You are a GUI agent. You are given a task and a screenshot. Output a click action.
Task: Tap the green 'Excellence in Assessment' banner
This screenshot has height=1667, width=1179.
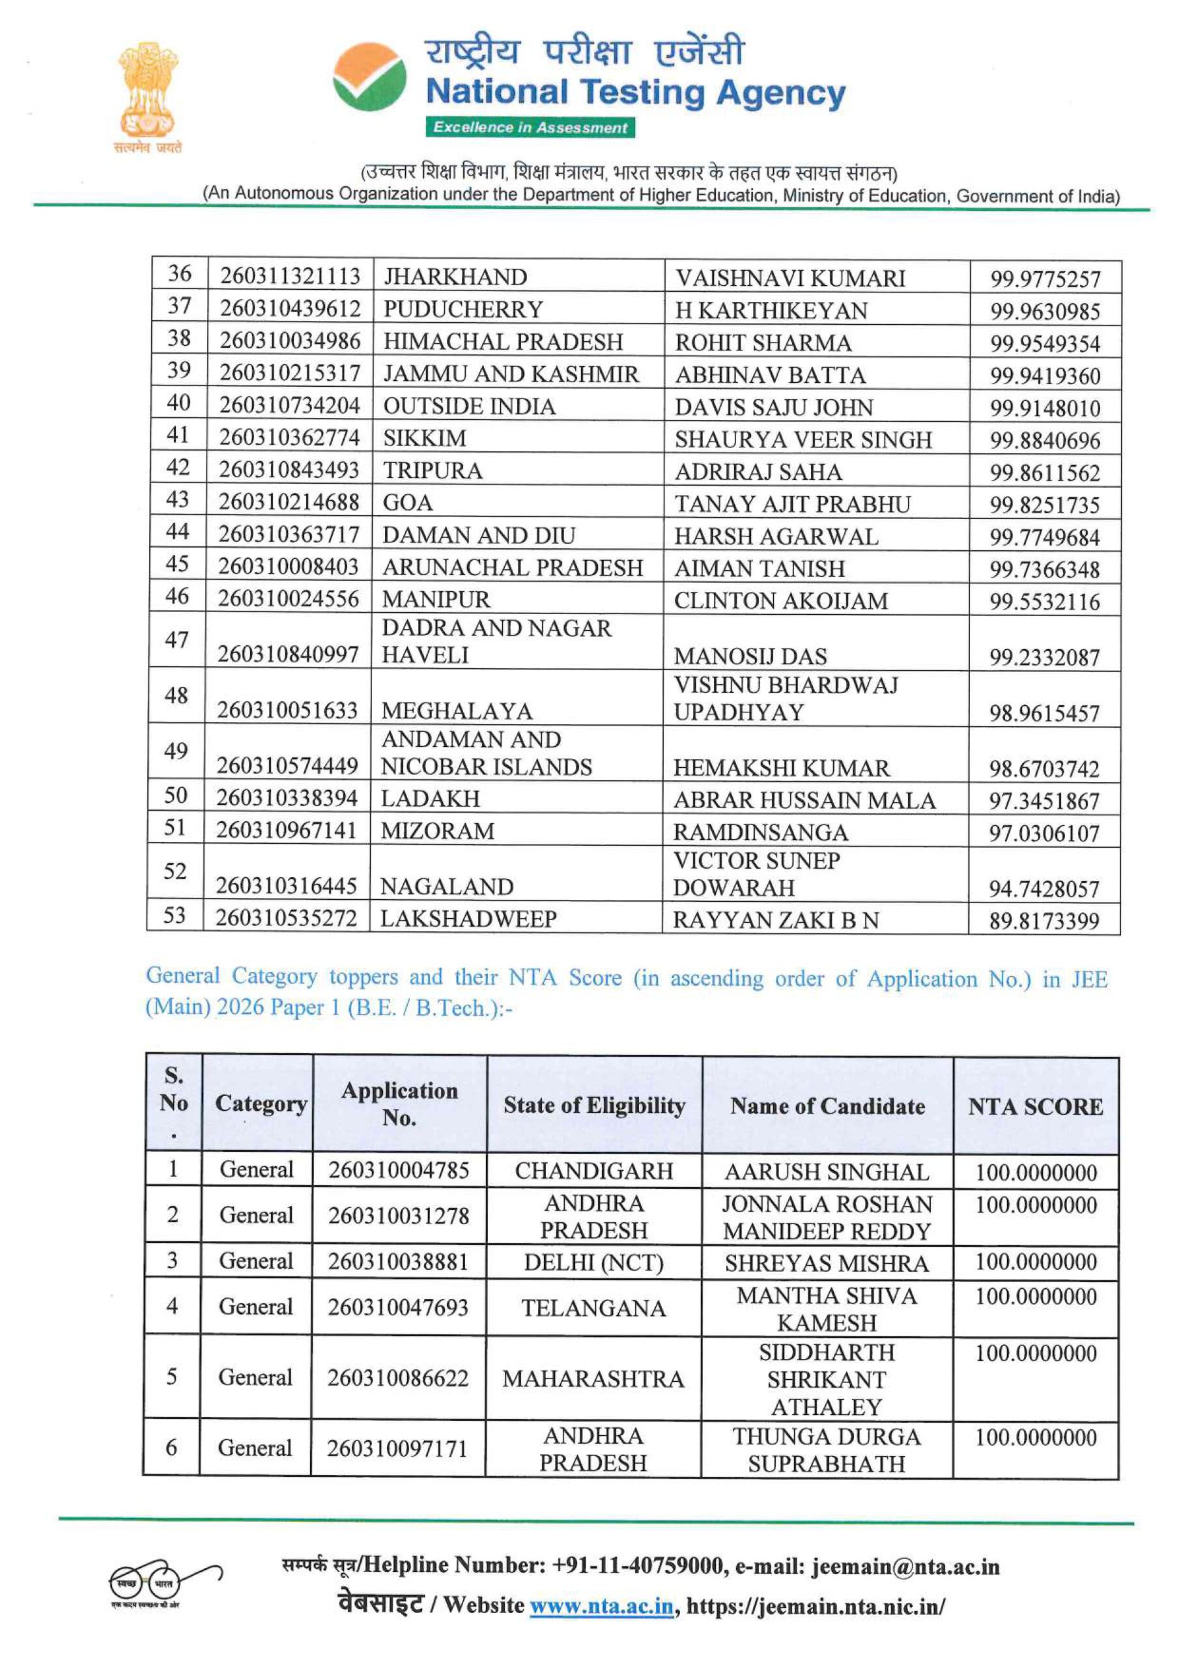click(530, 128)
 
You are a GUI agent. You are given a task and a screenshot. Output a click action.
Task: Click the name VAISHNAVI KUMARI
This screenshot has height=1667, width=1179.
click(789, 278)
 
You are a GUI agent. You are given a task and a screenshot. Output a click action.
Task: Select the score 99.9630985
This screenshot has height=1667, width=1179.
click(1045, 311)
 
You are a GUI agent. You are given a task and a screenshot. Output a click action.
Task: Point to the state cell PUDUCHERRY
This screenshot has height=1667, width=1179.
click(462, 309)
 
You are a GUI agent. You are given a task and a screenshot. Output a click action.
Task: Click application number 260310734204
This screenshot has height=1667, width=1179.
click(289, 405)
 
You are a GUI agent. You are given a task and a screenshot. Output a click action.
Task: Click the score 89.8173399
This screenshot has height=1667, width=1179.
click(1043, 921)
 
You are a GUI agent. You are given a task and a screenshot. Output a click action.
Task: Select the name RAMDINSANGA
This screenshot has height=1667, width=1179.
click(760, 832)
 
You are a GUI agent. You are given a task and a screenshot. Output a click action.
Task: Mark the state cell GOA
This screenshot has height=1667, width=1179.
click(408, 503)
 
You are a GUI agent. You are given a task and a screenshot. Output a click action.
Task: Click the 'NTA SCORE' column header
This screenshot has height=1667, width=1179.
click(1035, 1106)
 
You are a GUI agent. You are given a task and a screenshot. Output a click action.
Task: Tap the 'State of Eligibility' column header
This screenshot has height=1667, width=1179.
click(594, 1105)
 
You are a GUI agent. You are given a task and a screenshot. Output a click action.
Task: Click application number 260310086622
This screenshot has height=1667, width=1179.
click(398, 1377)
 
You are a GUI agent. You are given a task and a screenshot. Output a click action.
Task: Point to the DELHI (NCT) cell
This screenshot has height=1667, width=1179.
click(593, 1263)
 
